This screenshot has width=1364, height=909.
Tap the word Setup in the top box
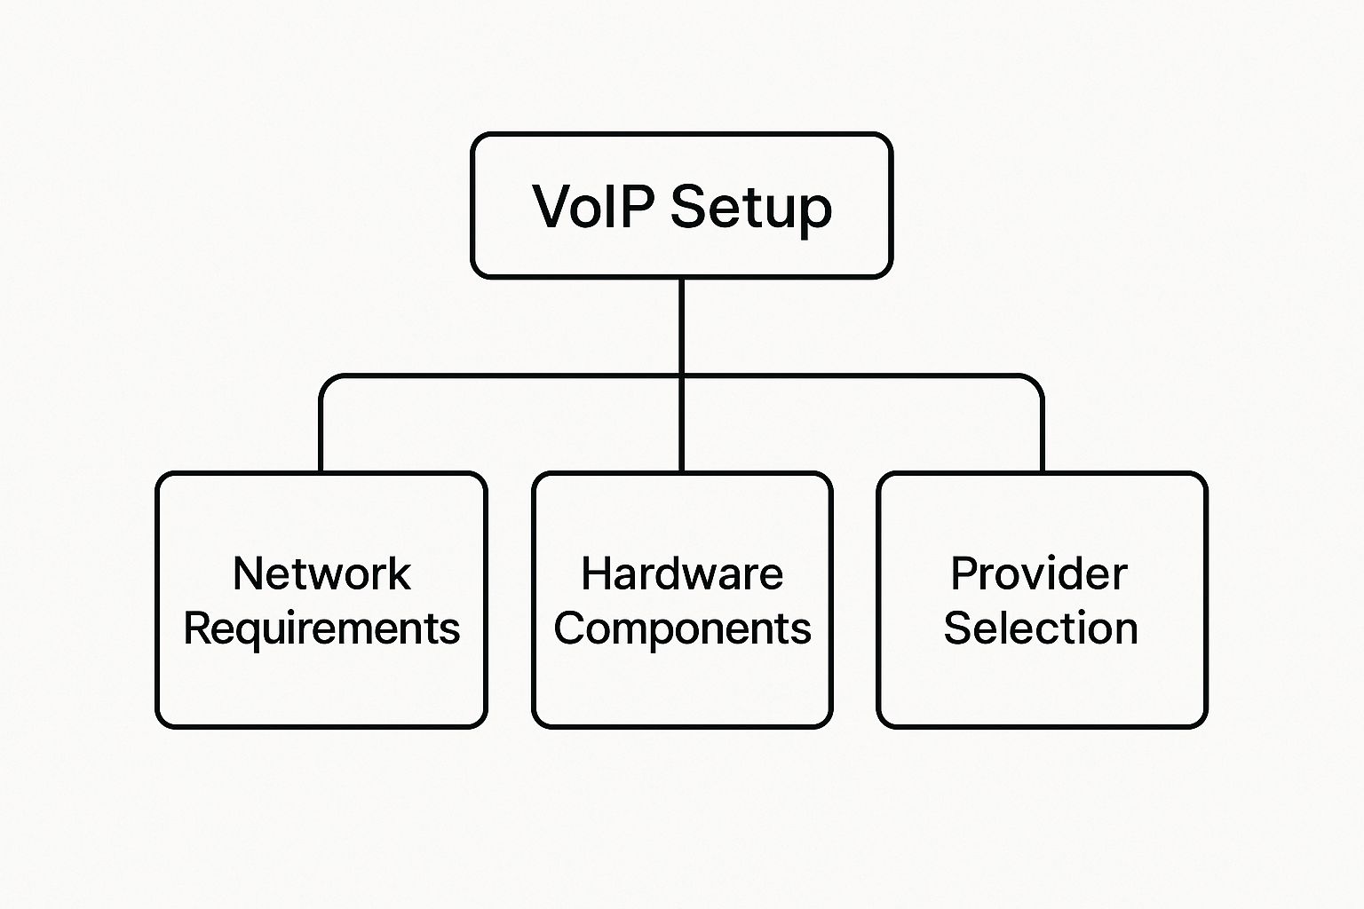pos(750,210)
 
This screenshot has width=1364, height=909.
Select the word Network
pos(321,573)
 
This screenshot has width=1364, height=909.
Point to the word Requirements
pos(321,629)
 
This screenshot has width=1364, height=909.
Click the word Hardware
pos(682,573)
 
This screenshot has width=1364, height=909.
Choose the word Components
pos(682,629)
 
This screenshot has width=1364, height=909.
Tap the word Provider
pos(1039,573)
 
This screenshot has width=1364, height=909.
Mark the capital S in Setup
pos(689,206)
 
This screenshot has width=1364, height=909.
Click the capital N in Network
pos(249,573)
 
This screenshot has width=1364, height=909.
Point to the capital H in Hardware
pos(597,573)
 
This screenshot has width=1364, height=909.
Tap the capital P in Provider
pos(965,573)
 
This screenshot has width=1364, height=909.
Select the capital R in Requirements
pos(198,628)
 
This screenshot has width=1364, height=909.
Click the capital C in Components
pos(570,628)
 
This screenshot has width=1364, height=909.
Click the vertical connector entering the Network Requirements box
pos(321,436)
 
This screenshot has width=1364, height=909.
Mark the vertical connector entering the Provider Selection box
pos(1043,436)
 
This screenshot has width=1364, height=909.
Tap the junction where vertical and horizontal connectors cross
pos(681,376)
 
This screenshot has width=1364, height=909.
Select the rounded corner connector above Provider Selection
pos(1035,384)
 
